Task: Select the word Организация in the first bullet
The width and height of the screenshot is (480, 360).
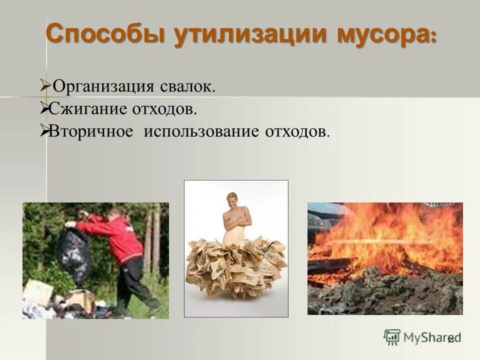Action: [x=102, y=87]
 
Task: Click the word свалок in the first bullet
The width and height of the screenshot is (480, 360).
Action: [x=187, y=87]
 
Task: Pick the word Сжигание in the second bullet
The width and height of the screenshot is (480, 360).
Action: [x=88, y=108]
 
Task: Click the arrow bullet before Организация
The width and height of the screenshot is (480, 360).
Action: [x=44, y=86]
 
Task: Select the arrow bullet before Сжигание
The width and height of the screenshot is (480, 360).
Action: [x=44, y=108]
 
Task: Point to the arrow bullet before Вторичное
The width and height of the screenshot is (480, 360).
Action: [x=44, y=131]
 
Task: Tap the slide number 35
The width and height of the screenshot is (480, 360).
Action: [x=451, y=340]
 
